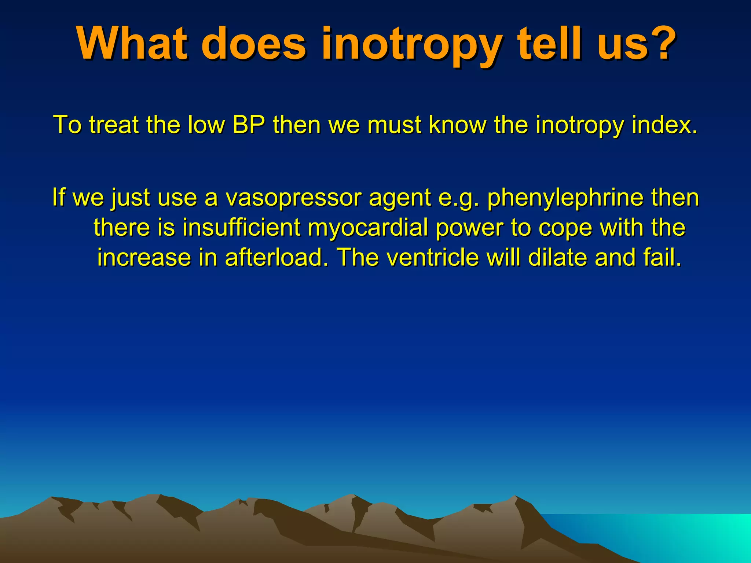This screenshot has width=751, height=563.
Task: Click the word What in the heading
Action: [132, 43]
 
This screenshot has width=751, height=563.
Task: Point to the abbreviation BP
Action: [249, 125]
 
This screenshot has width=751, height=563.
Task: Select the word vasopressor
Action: [293, 198]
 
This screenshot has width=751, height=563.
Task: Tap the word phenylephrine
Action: [565, 198]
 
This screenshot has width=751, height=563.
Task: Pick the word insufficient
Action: [242, 228]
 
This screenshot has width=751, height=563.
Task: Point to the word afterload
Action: [276, 257]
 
